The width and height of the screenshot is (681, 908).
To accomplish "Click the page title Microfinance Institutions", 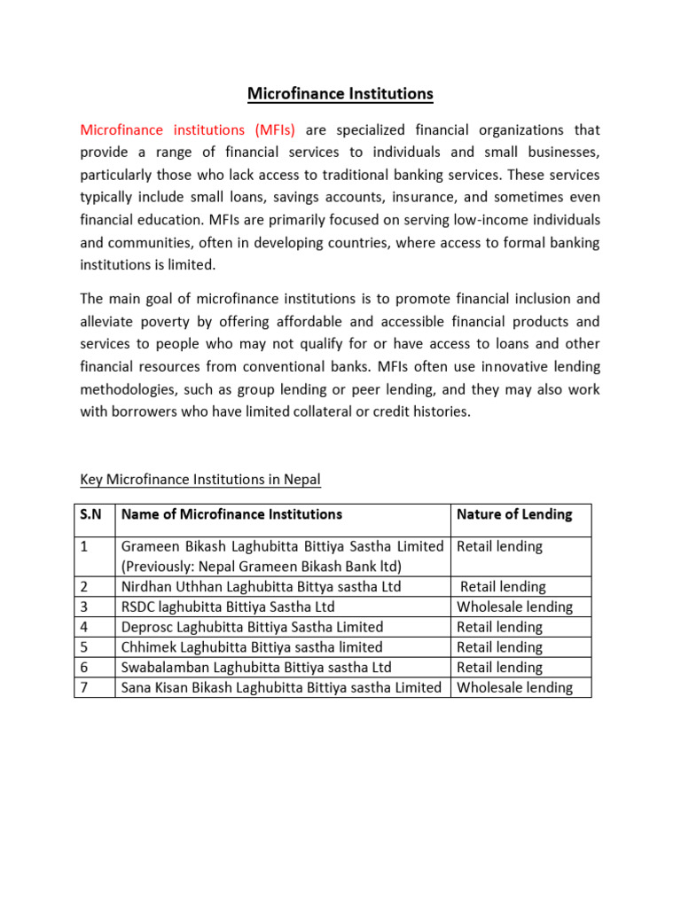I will tap(340, 93).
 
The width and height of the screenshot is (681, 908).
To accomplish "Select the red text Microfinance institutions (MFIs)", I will tap(188, 130).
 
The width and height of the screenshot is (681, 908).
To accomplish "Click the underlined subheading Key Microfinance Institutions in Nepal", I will tap(200, 480).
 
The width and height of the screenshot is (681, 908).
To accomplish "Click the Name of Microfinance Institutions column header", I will tap(231, 514).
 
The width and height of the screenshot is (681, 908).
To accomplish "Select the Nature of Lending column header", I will tap(514, 514).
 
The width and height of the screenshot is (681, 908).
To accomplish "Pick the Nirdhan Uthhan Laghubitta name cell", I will tap(261, 586).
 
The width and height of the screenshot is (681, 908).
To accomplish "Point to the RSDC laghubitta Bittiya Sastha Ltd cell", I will tap(228, 607).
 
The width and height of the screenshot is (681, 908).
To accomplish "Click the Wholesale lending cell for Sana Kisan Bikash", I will tap(514, 687).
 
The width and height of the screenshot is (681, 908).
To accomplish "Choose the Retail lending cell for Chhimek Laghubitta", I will tap(499, 647).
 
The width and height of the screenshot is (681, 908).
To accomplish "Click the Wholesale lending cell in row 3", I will tap(514, 607).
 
